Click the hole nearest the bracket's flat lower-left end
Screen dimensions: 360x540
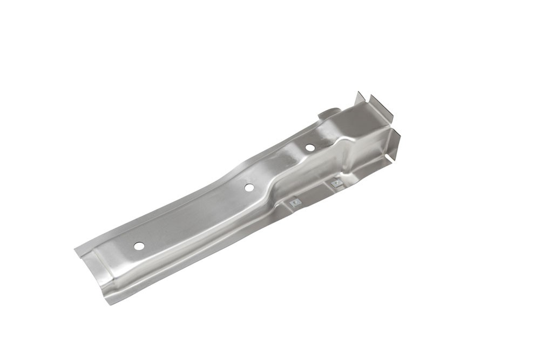point(139,246)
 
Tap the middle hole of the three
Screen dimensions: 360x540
point(249,187)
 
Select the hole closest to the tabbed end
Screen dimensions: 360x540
point(310,147)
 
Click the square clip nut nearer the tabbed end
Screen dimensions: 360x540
point(336,183)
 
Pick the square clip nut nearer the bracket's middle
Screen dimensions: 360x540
point(294,203)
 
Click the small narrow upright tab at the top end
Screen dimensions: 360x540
point(360,98)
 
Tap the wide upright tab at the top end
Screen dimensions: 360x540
point(381,108)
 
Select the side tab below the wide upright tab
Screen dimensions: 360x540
point(395,141)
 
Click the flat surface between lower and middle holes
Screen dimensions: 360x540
point(194,216)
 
